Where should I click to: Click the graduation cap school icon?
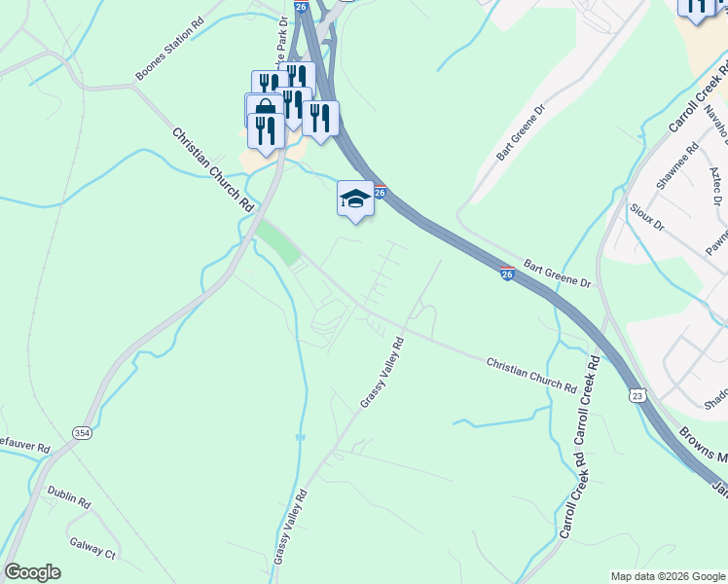pyautogui.click(x=355, y=199)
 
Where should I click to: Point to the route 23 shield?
pyautogui.click(x=637, y=395)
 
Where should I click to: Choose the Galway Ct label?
pyautogui.click(x=92, y=546)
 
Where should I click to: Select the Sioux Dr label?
pyautogui.click(x=646, y=217)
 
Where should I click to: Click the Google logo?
pyautogui.click(x=32, y=572)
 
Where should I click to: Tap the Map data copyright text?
pyautogui.click(x=667, y=576)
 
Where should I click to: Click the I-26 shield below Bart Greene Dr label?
pyautogui.click(x=507, y=274)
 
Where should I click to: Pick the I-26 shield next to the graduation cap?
pyautogui.click(x=382, y=193)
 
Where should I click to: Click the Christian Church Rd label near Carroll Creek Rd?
pyautogui.click(x=530, y=374)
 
